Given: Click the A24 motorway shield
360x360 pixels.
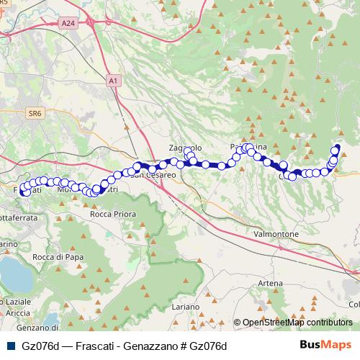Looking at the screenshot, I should pyautogui.click(x=68, y=24).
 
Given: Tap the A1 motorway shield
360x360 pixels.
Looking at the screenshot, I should pyautogui.click(x=113, y=81).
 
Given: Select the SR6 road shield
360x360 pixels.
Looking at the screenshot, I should pyautogui.click(x=34, y=112).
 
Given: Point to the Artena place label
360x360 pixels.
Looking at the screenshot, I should pyautogui.click(x=270, y=284).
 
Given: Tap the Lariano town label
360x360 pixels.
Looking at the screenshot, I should pyautogui.click(x=186, y=307).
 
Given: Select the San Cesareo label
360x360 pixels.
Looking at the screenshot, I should pyautogui.click(x=153, y=175).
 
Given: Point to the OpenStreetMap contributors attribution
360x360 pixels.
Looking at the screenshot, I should pyautogui.click(x=297, y=323).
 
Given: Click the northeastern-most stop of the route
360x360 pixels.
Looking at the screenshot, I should pyautogui.click(x=336, y=149).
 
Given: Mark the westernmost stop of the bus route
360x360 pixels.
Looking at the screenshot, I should pyautogui.click(x=24, y=192).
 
